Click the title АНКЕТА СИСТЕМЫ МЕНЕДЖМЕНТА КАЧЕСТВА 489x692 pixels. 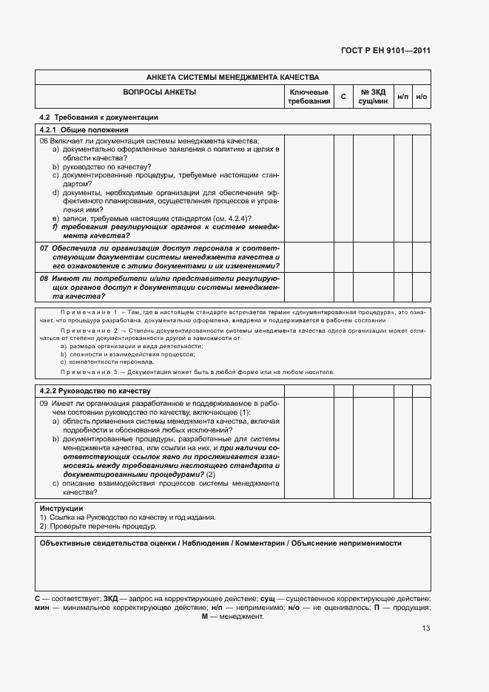(x=232, y=77)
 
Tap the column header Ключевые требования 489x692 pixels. (x=308, y=96)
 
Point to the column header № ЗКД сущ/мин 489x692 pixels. (x=374, y=96)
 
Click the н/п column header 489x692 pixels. (x=402, y=97)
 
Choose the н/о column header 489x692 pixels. (x=422, y=97)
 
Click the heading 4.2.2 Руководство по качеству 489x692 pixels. (x=94, y=390)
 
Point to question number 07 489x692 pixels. (x=44, y=248)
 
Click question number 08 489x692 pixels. (x=44, y=277)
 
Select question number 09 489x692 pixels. (x=44, y=403)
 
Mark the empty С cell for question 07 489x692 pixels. (x=343, y=257)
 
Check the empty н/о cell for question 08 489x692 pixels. (x=422, y=286)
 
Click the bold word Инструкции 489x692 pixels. (x=61, y=509)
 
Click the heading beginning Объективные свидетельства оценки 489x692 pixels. (x=220, y=543)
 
